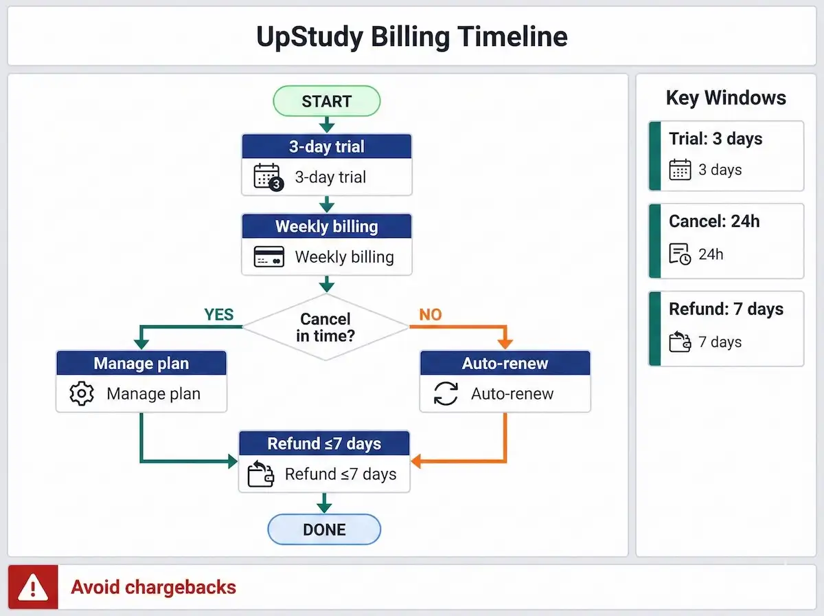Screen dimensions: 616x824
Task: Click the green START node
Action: tap(326, 101)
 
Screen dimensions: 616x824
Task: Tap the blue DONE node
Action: tap(323, 529)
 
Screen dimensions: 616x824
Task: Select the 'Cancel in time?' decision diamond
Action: tap(325, 327)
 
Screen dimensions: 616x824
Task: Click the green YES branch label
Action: tap(218, 315)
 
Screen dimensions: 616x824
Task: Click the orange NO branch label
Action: tap(431, 315)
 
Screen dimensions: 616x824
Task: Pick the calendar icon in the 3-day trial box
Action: tap(268, 177)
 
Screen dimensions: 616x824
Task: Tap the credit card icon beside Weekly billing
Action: tap(268, 258)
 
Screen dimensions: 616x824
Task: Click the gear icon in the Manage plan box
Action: tap(82, 394)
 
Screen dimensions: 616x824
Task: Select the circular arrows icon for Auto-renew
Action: tap(446, 394)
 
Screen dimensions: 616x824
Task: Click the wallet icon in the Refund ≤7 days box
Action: tap(261, 474)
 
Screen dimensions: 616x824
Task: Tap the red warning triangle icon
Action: tap(33, 587)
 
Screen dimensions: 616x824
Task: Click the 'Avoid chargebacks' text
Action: tap(153, 587)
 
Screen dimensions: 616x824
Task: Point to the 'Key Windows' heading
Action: tap(726, 98)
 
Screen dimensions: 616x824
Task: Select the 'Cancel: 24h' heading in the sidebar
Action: tap(714, 221)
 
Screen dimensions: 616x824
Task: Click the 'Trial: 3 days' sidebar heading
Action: tap(716, 139)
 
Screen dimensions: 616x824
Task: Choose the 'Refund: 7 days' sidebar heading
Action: tap(726, 309)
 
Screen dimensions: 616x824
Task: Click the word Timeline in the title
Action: tap(512, 36)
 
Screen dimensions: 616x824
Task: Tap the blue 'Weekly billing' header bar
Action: tap(326, 226)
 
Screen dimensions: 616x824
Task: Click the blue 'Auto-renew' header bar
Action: tap(505, 363)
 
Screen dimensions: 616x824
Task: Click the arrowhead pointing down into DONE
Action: tap(323, 507)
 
